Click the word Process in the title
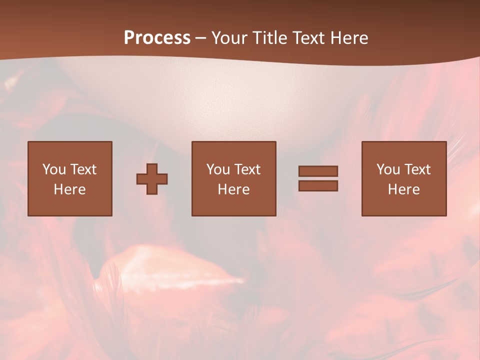coord(157,38)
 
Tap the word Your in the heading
coord(230,38)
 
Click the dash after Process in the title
coord(200,38)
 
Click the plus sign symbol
coord(152,179)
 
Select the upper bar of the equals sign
coord(318,171)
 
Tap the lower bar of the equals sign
coord(318,186)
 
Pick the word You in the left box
coord(53,169)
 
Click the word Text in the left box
coord(82,169)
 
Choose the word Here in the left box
coord(69,189)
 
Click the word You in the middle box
coord(218,169)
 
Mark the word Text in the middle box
coord(247,169)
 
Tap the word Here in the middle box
coord(233,189)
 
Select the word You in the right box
coord(388,169)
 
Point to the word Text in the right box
coord(417,169)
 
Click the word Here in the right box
coord(403,189)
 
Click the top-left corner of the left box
coord(28,142)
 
